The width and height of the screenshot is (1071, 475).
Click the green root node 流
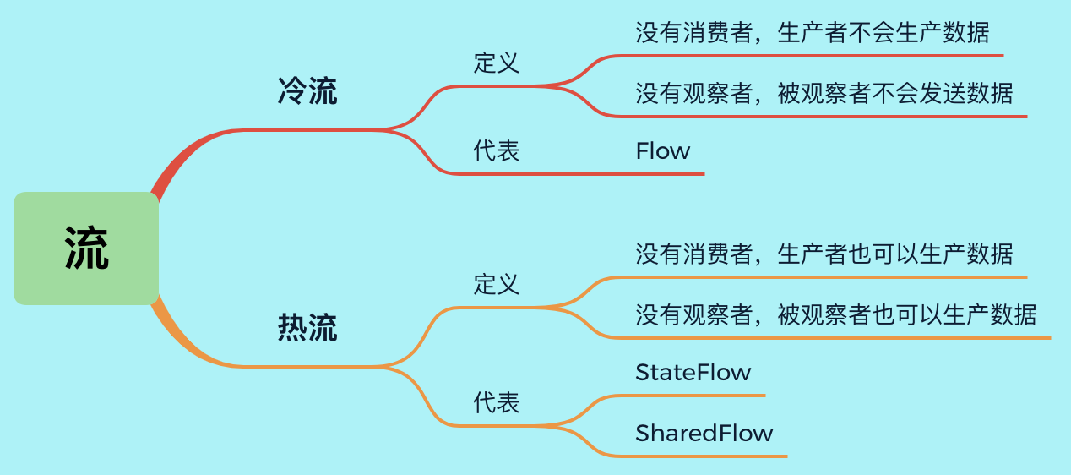[x=86, y=248]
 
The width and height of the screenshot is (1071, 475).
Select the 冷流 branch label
[x=307, y=91]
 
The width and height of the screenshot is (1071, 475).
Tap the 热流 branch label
[x=307, y=327]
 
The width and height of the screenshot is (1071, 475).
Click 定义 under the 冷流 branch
[x=497, y=63]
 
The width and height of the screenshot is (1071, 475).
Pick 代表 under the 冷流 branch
[x=497, y=150]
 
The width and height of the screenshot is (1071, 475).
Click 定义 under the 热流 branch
[x=497, y=284]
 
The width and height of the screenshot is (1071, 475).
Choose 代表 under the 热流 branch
[x=497, y=402]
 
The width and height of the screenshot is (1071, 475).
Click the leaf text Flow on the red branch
[x=663, y=151]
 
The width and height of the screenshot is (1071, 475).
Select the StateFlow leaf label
[x=693, y=372]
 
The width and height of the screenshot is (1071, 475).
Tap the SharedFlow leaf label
[x=704, y=434]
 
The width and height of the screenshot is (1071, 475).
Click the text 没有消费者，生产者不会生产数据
[x=812, y=33]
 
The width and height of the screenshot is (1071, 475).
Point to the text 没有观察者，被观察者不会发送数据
[x=824, y=93]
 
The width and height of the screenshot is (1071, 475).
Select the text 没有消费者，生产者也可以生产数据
[x=824, y=254]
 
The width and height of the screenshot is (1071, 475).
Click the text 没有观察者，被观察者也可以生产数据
[x=836, y=314]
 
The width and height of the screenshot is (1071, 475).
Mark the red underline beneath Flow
[x=659, y=174]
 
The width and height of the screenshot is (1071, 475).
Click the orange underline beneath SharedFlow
[x=709, y=456]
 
